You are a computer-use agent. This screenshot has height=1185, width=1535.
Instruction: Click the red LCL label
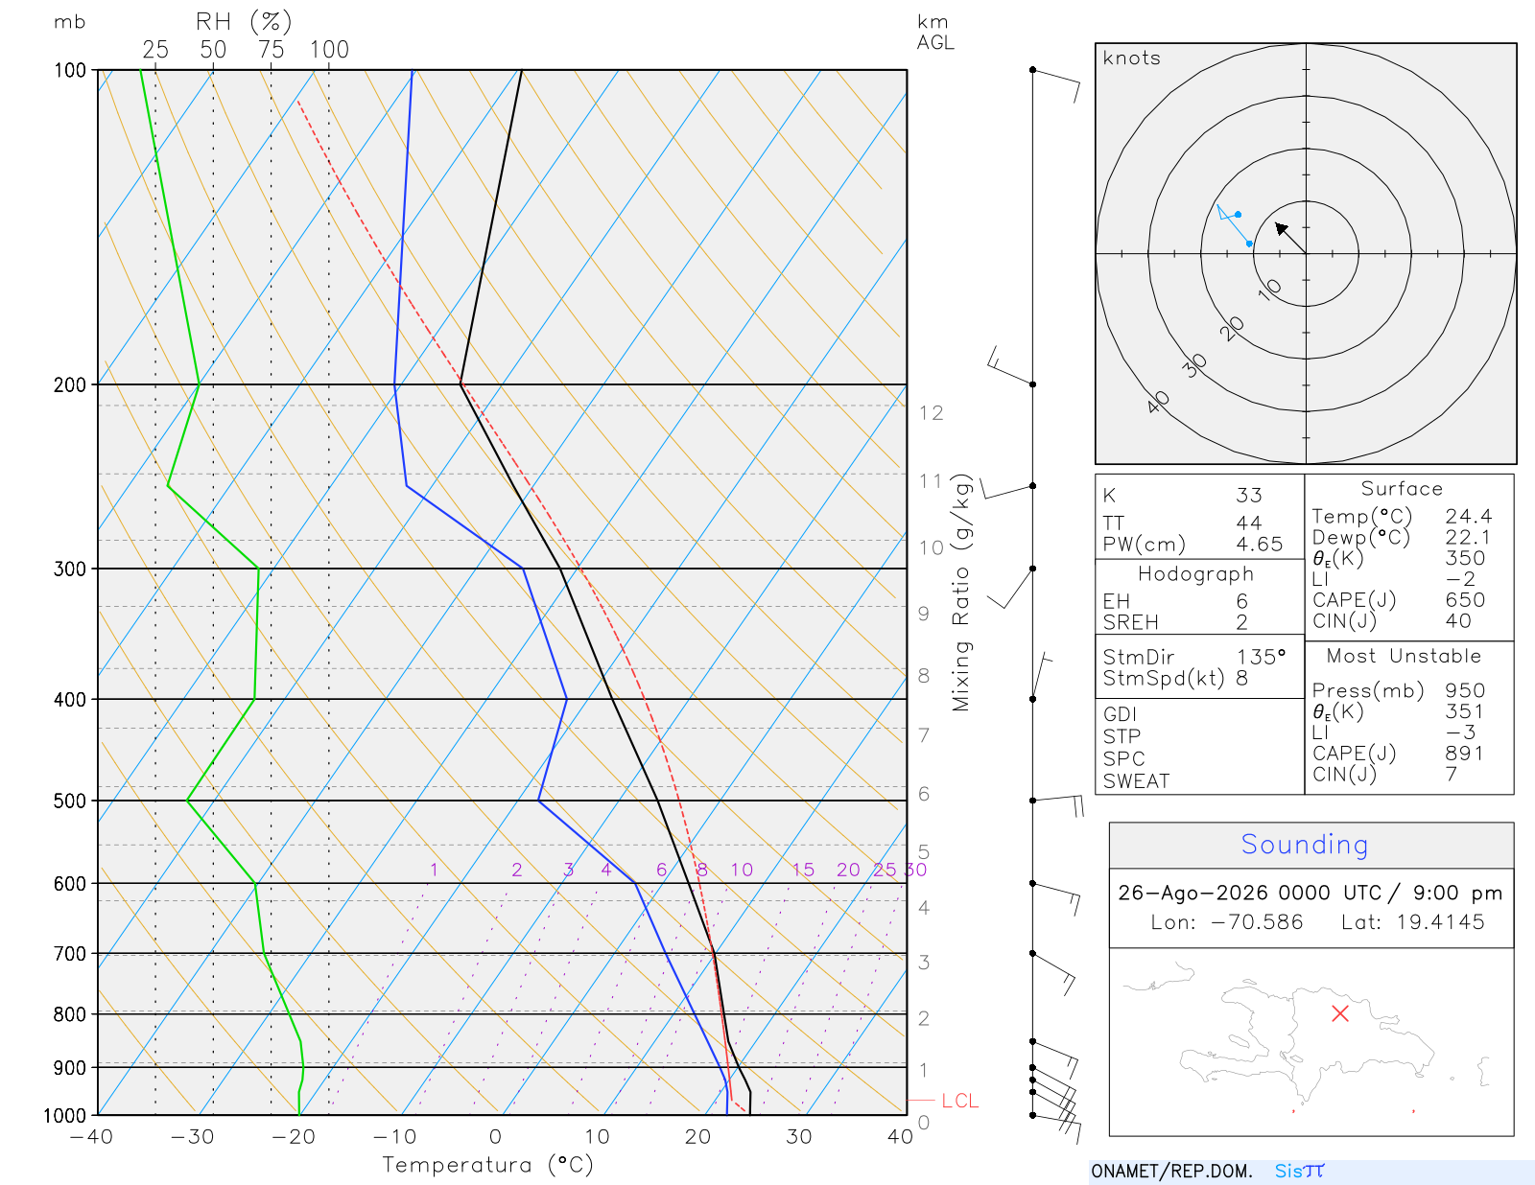959,1101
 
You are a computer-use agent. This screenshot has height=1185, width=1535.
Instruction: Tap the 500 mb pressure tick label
69,802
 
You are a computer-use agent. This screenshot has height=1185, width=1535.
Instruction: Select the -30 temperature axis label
192,1137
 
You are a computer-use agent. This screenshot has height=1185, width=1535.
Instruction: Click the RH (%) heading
244,22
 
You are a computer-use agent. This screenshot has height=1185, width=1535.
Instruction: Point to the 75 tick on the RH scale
271,50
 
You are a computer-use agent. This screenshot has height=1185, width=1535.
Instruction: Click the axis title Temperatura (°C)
487,1165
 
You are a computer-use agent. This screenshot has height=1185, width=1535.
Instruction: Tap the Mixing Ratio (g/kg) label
961,592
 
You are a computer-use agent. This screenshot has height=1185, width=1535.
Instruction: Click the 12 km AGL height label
931,413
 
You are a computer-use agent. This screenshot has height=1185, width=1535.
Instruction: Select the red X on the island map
1340,1013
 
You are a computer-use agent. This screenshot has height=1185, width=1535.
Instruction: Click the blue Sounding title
1304,845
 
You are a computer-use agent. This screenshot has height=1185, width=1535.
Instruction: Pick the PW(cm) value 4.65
1259,545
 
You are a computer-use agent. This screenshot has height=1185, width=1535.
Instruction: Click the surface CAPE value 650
1465,600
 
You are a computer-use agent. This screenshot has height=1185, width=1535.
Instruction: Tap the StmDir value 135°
1261,657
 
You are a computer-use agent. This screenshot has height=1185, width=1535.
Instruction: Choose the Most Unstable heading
1404,656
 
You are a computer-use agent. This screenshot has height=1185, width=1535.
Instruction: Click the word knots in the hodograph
1132,58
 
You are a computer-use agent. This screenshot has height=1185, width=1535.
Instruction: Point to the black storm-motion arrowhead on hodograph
1280,228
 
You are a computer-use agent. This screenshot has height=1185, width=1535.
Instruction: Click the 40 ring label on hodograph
1158,403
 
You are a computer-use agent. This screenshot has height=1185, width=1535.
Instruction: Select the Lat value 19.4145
1440,921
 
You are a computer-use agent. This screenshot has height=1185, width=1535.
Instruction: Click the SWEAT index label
1136,781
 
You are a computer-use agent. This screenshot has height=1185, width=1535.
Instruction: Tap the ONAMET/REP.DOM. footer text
1172,1171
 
